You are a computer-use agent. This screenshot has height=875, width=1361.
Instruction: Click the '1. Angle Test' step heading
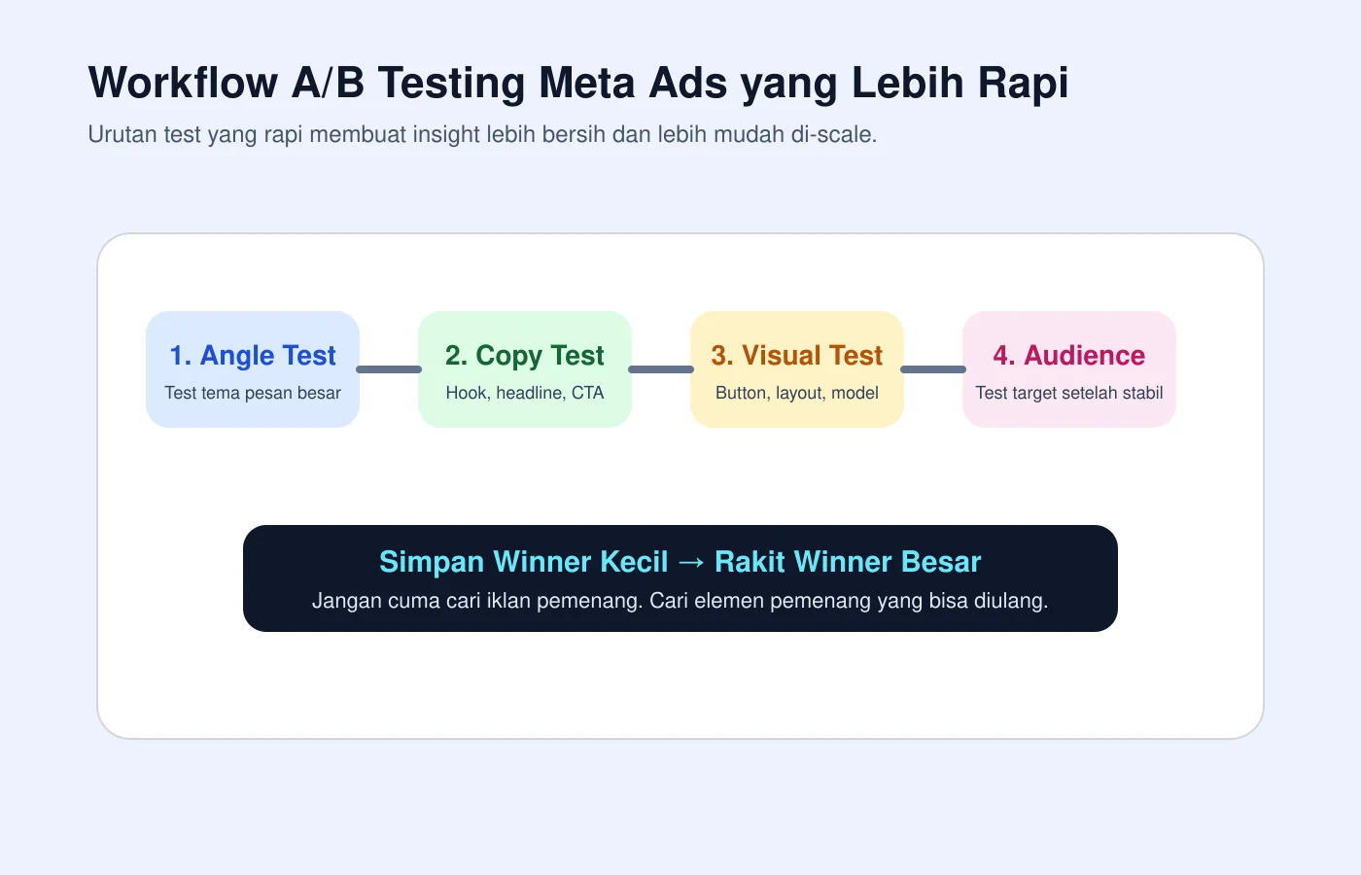click(253, 356)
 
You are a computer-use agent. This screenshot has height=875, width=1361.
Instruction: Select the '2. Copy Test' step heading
click(525, 356)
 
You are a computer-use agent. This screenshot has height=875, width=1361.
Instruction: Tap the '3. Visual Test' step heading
click(797, 356)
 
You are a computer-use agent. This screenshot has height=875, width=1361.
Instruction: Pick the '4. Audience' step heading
click(1069, 356)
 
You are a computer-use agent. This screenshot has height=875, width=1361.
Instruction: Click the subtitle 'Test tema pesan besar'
click(253, 393)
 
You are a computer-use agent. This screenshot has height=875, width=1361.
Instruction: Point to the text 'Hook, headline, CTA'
click(525, 393)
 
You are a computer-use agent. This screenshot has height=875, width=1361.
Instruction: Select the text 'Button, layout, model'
click(797, 393)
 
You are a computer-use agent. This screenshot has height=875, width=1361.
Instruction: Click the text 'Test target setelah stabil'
click(1069, 393)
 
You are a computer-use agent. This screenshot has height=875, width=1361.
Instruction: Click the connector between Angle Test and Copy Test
click(389, 369)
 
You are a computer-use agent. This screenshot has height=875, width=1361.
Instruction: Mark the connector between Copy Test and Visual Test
click(661, 369)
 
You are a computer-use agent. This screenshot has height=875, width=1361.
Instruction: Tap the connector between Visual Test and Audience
click(933, 369)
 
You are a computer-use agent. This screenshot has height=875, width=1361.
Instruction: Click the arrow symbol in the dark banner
click(691, 563)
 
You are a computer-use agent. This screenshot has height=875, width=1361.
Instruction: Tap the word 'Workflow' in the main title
click(184, 83)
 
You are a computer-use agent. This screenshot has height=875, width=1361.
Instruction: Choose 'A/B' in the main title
click(328, 83)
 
